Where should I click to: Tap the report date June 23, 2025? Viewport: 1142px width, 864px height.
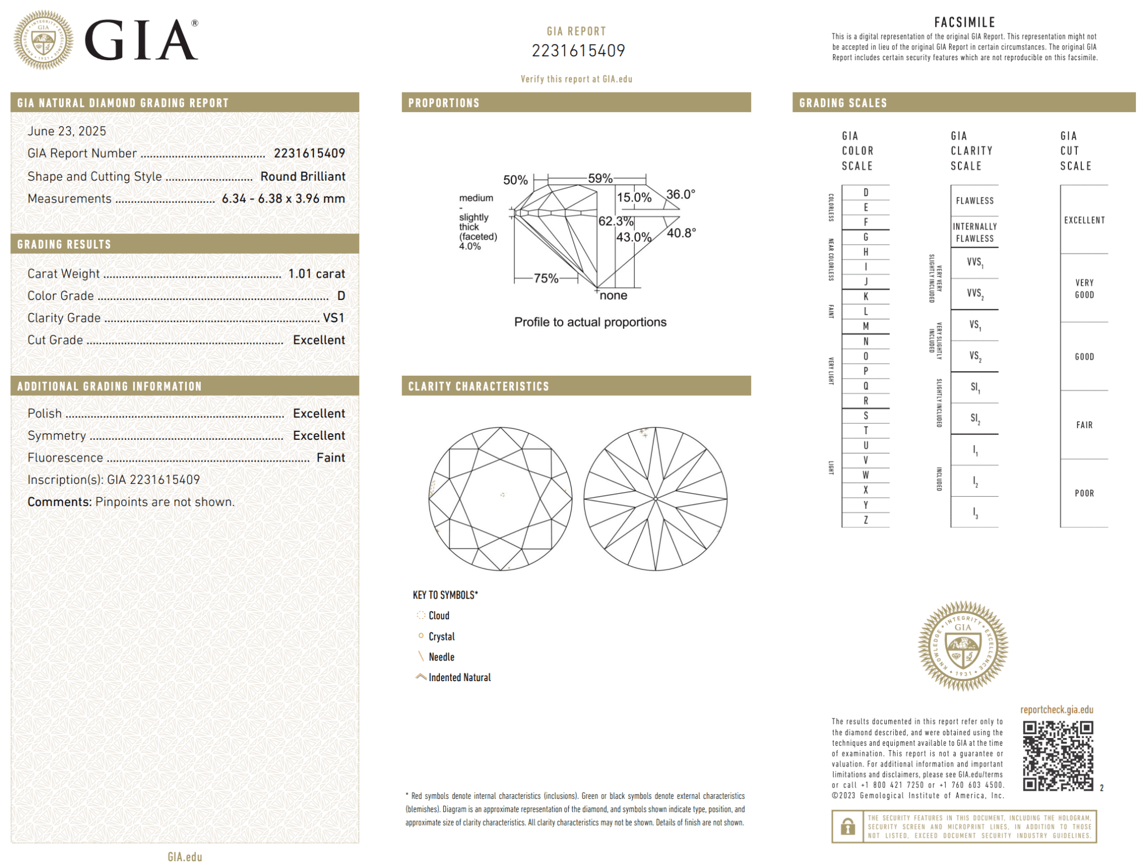tap(67, 131)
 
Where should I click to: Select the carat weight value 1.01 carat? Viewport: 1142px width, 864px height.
tap(316, 274)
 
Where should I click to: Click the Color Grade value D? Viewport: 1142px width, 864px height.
tap(341, 296)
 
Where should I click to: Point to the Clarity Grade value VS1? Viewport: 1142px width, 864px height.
tap(333, 318)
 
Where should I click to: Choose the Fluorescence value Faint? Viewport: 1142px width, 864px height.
tap(331, 458)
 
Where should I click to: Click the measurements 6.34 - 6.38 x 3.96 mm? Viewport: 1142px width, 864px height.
tap(283, 199)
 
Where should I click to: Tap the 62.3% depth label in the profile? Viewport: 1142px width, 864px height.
tap(616, 221)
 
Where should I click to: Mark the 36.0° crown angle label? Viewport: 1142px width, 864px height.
tap(681, 195)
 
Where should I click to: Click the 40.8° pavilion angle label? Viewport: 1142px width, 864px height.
tap(681, 233)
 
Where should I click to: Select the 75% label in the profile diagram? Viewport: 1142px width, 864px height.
tap(546, 278)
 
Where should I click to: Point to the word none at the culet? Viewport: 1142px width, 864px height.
tap(613, 295)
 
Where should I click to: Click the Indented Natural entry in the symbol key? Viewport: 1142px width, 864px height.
tap(459, 677)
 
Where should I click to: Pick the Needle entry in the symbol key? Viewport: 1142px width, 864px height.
tap(441, 657)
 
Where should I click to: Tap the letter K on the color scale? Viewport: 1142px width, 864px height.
tap(865, 297)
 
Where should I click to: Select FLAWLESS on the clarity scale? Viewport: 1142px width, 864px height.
tap(974, 201)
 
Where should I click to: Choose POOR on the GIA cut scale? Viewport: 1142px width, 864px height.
tap(1084, 493)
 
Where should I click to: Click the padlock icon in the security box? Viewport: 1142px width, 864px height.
tap(848, 826)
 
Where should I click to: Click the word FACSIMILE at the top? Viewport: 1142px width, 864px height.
tap(964, 22)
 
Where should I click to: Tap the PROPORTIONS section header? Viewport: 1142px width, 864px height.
tap(444, 103)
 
